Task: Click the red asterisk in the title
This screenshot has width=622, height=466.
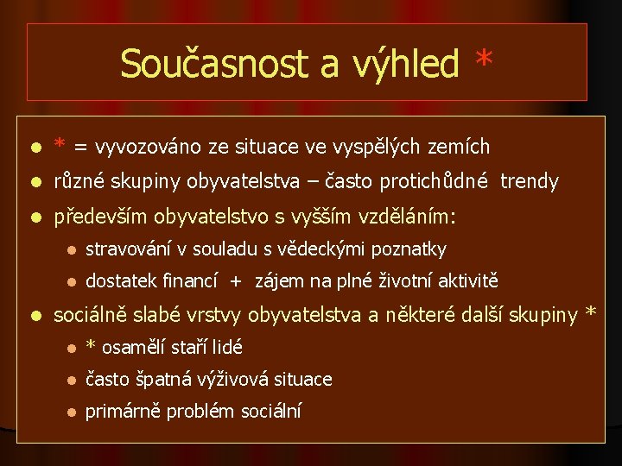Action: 484,60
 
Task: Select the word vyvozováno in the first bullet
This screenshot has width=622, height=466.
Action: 151,147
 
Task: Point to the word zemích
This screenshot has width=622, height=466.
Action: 459,147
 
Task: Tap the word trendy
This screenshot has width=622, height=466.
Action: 531,182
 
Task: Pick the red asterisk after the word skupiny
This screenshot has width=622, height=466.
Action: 590,313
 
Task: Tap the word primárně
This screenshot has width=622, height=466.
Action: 123,412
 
